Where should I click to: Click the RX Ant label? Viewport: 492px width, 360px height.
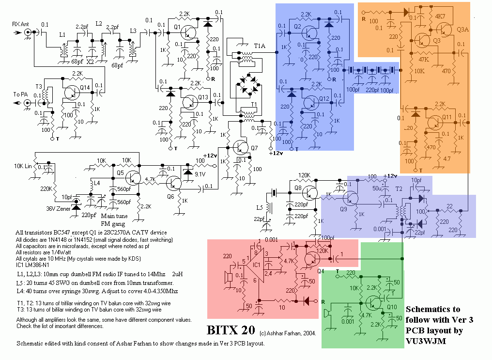click(x=20, y=23)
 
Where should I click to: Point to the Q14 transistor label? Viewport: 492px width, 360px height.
click(x=85, y=87)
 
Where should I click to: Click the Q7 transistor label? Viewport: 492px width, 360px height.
click(x=255, y=147)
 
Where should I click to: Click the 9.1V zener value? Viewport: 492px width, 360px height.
click(x=200, y=173)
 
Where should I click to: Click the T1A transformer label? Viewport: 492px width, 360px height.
click(x=259, y=47)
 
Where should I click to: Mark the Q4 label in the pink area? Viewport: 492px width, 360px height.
click(x=321, y=271)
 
